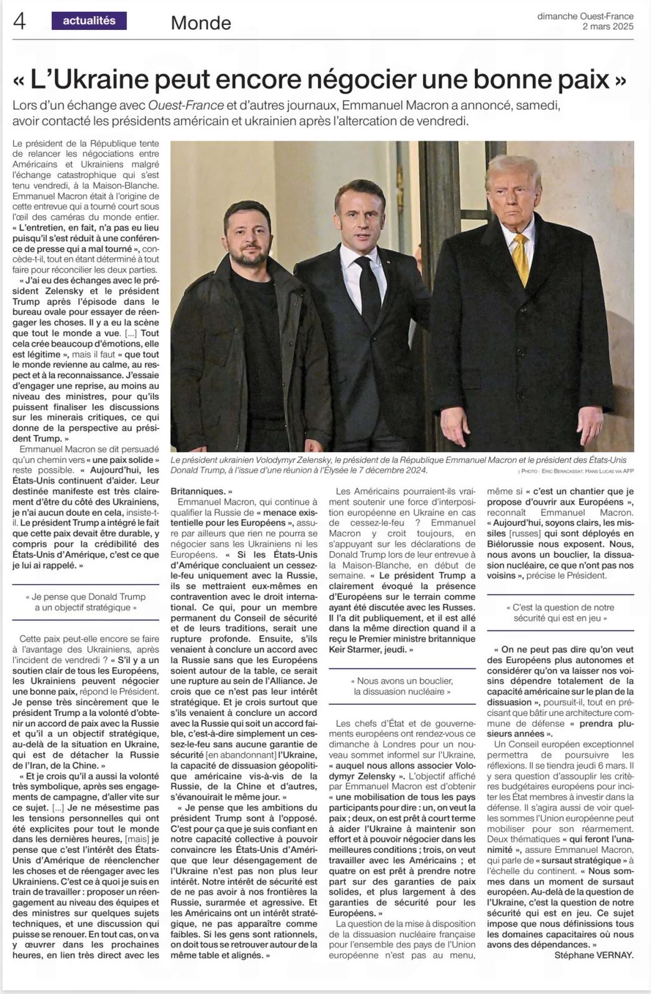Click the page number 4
pos(19,22)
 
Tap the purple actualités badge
pos(89,21)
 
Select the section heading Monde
pos(201,23)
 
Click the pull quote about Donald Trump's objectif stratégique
pos(86,602)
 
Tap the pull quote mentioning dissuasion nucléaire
pos(402,686)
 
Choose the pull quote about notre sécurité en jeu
pos(560,612)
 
